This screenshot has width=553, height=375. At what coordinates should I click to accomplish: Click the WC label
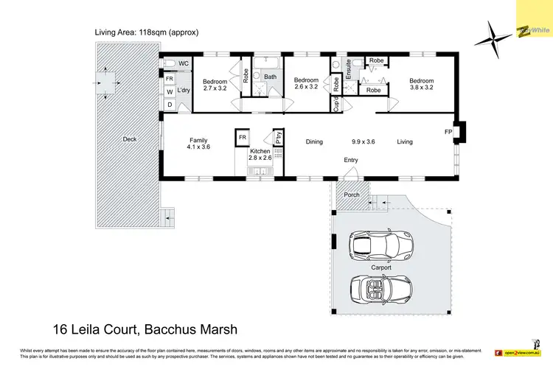coord(184,63)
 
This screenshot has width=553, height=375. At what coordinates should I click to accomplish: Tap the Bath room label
coord(271,77)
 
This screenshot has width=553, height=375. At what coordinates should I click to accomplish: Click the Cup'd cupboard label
coord(335,103)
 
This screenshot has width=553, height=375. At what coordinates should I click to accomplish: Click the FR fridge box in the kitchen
coord(242,137)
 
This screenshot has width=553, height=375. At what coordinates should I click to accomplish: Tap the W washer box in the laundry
coord(169,91)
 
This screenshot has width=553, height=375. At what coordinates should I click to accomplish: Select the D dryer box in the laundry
coord(169,105)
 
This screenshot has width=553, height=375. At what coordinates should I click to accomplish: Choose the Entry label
coord(351,160)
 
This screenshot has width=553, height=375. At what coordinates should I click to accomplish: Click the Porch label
coord(352,195)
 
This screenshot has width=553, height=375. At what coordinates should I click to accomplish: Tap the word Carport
coord(380,267)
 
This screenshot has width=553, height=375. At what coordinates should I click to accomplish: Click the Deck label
coord(130,139)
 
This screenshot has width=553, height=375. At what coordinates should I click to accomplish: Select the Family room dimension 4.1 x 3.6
coord(198,147)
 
